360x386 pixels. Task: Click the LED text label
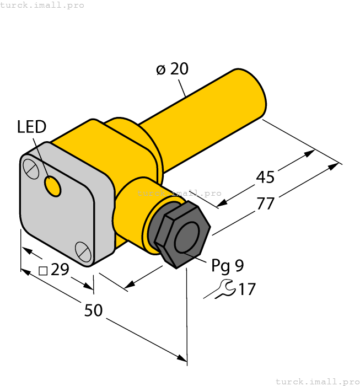click(31, 127)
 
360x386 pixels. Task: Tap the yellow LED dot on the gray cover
click(53, 187)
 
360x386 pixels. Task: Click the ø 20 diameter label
click(172, 69)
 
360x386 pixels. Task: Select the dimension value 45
click(265, 177)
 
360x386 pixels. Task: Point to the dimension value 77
click(265, 203)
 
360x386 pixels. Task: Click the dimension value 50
click(94, 310)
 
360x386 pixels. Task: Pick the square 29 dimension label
click(55, 270)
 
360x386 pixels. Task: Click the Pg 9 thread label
click(227, 266)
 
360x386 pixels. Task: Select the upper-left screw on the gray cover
click(31, 169)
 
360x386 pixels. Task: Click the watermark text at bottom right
click(317, 381)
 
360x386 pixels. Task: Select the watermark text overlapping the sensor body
click(179, 193)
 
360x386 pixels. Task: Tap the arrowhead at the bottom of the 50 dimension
click(183, 359)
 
